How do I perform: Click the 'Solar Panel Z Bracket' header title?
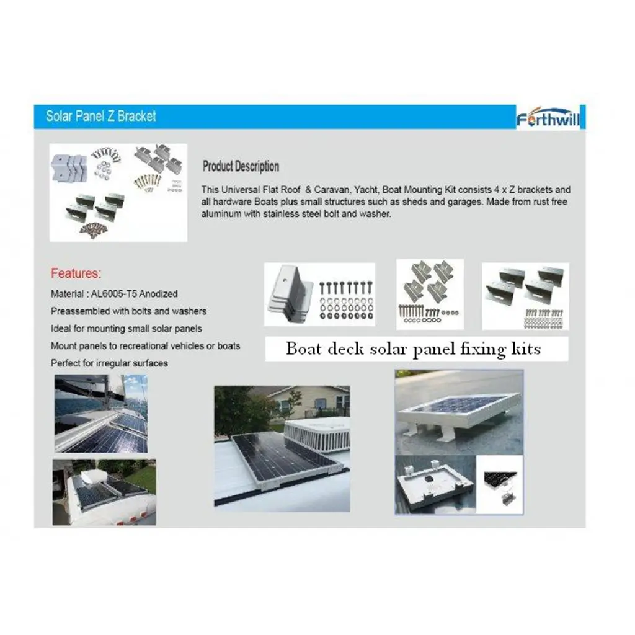(x=100, y=116)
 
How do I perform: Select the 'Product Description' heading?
(x=241, y=166)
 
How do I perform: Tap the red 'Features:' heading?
(x=76, y=273)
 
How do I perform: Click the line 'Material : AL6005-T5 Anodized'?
(x=114, y=293)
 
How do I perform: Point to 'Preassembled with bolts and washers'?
(x=128, y=311)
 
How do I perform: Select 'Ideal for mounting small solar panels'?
(x=126, y=328)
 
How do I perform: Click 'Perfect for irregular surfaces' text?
(x=109, y=363)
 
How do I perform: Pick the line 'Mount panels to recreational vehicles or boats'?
(x=145, y=345)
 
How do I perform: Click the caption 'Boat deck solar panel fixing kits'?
(x=413, y=349)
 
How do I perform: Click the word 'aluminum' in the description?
(x=221, y=214)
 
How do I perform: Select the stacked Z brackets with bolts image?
(x=319, y=295)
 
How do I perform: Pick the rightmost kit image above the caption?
(x=525, y=296)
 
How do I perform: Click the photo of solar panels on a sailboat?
(x=100, y=413)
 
